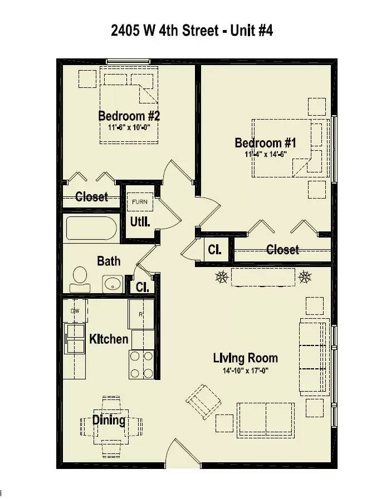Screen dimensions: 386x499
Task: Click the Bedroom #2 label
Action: [129, 116]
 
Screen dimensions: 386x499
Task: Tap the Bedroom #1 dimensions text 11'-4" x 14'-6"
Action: [266, 154]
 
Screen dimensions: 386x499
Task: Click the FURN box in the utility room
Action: [140, 202]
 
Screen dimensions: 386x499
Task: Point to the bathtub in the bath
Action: [91, 228]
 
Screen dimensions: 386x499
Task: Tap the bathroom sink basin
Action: [113, 284]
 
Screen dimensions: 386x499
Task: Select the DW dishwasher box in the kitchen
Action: [75, 311]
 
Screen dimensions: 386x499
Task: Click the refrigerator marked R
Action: [141, 314]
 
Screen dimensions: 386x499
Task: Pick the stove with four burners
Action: [141, 364]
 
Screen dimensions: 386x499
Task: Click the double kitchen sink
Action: [75, 339]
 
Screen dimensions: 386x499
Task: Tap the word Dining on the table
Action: [109, 420]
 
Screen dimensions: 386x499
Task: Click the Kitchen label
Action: [109, 339]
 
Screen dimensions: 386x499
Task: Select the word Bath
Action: [109, 261]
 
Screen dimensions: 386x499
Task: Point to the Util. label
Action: [140, 221]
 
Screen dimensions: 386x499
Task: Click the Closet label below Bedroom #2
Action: [92, 197]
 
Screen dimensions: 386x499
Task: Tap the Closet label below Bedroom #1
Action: [283, 249]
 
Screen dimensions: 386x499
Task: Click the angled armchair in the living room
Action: [204, 402]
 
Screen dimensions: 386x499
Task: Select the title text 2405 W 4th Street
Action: [165, 31]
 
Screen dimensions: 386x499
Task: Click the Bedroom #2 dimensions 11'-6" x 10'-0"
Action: [129, 127]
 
